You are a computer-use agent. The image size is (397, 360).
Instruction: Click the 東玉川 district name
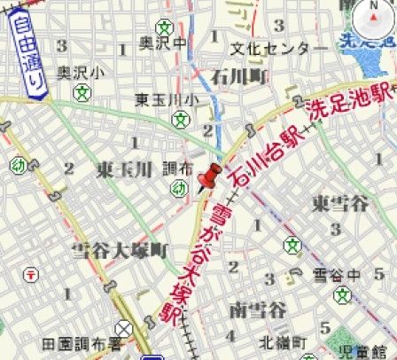(x=125, y=169)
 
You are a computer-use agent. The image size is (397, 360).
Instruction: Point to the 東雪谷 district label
(x=339, y=203)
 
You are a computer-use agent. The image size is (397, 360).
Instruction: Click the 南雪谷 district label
(x=256, y=309)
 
